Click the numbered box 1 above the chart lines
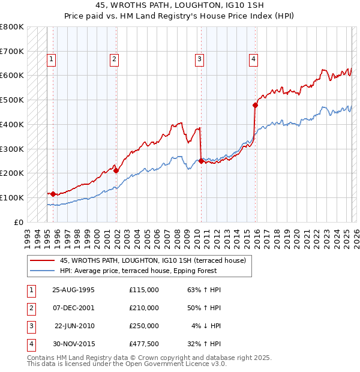coord(52,59)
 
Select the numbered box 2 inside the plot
coord(114,59)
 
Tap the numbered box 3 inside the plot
coord(199,59)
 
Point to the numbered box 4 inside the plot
coord(254,59)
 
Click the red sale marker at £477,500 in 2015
coord(255,105)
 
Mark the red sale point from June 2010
coord(200,160)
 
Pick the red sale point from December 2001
coord(116,170)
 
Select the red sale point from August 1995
coord(53,194)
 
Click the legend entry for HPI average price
coord(155,271)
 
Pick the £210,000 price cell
coord(144,308)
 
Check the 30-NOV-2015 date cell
coord(74,344)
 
